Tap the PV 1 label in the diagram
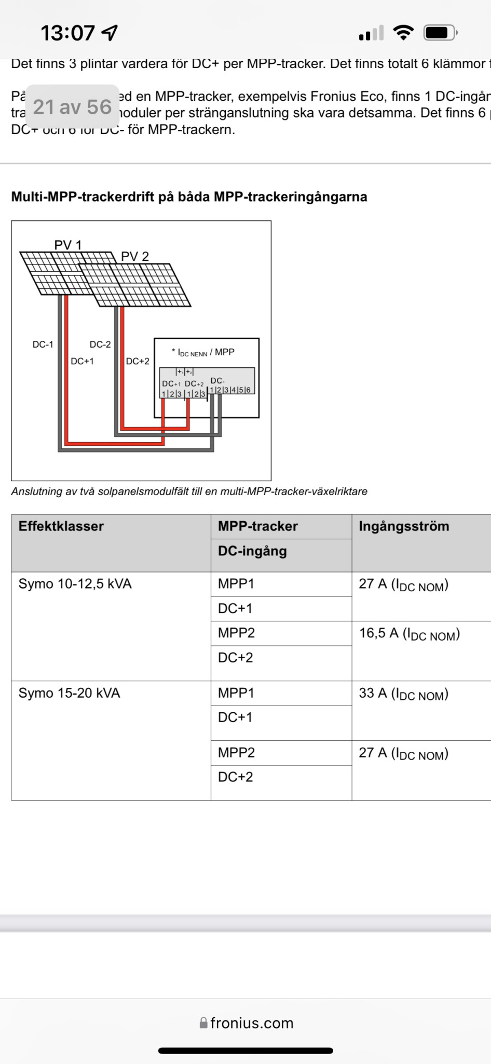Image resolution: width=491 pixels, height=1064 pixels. (x=68, y=245)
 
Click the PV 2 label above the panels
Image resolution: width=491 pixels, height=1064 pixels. (x=135, y=256)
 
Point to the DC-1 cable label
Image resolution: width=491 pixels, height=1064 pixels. (x=43, y=344)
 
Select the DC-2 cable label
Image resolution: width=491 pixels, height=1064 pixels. (x=100, y=344)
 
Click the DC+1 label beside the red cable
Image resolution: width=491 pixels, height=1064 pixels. (x=82, y=361)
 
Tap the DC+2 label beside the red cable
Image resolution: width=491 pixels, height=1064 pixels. (x=138, y=361)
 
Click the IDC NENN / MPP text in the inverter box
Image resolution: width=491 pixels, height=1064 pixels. (x=203, y=352)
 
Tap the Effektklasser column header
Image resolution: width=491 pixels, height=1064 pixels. (x=61, y=526)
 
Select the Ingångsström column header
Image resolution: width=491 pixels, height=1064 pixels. (x=404, y=526)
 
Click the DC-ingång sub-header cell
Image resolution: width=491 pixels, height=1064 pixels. (x=252, y=551)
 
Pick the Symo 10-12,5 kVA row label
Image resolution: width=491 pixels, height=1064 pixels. (x=75, y=584)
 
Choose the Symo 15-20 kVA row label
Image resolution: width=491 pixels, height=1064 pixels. (x=70, y=693)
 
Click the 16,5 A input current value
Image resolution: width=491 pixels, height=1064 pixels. (x=410, y=634)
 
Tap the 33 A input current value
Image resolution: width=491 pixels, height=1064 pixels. (x=403, y=694)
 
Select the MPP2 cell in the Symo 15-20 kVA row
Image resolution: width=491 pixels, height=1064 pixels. (x=236, y=753)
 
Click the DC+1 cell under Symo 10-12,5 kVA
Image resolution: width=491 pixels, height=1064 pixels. (x=235, y=608)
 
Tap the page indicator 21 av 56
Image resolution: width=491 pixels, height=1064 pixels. (x=72, y=107)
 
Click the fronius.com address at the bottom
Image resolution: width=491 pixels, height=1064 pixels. (x=247, y=1023)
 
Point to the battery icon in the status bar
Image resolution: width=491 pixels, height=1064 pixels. (x=440, y=33)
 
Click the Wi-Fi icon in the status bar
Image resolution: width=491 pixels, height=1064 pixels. (x=403, y=33)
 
